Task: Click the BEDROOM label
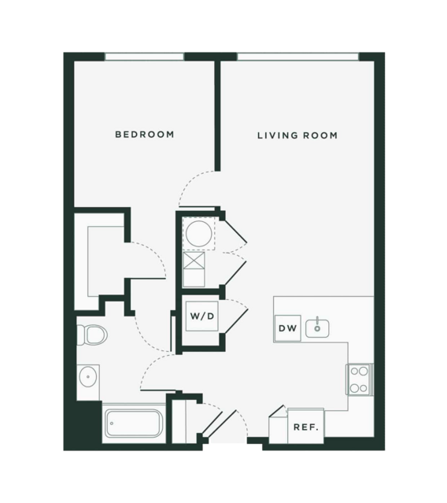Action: click(x=145, y=134)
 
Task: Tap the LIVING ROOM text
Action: click(x=297, y=135)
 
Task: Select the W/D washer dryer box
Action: click(x=202, y=316)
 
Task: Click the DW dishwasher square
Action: click(x=287, y=328)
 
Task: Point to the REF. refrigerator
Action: click(x=306, y=426)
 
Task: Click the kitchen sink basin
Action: click(x=317, y=327)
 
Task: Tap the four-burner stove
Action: click(x=359, y=379)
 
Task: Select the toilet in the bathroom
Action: click(x=92, y=335)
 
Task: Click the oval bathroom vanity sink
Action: click(x=88, y=376)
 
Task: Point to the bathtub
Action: click(x=134, y=423)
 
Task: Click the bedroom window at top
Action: click(x=144, y=57)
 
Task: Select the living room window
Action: click(x=298, y=57)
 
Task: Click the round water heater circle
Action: click(x=199, y=234)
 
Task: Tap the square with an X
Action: click(x=194, y=261)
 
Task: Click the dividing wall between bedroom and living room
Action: click(x=217, y=116)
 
